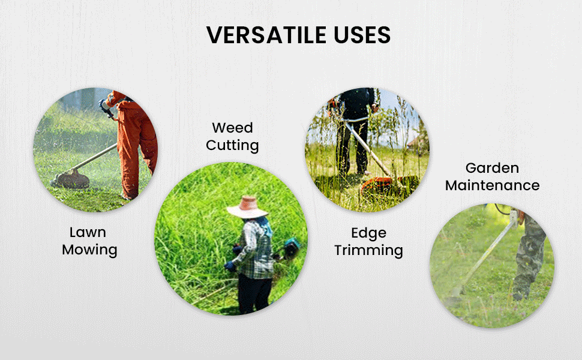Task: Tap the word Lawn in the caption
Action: (x=88, y=232)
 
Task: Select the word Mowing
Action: (x=89, y=250)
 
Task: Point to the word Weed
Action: (x=232, y=128)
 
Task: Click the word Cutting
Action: (x=232, y=145)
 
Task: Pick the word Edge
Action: (x=368, y=233)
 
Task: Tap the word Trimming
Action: (x=368, y=251)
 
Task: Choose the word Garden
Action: (x=492, y=168)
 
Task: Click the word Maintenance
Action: (x=492, y=185)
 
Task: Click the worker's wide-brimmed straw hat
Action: (x=247, y=207)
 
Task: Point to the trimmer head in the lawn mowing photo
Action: (x=71, y=179)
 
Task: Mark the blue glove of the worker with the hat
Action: (x=230, y=265)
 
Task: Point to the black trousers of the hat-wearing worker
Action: (x=254, y=294)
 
